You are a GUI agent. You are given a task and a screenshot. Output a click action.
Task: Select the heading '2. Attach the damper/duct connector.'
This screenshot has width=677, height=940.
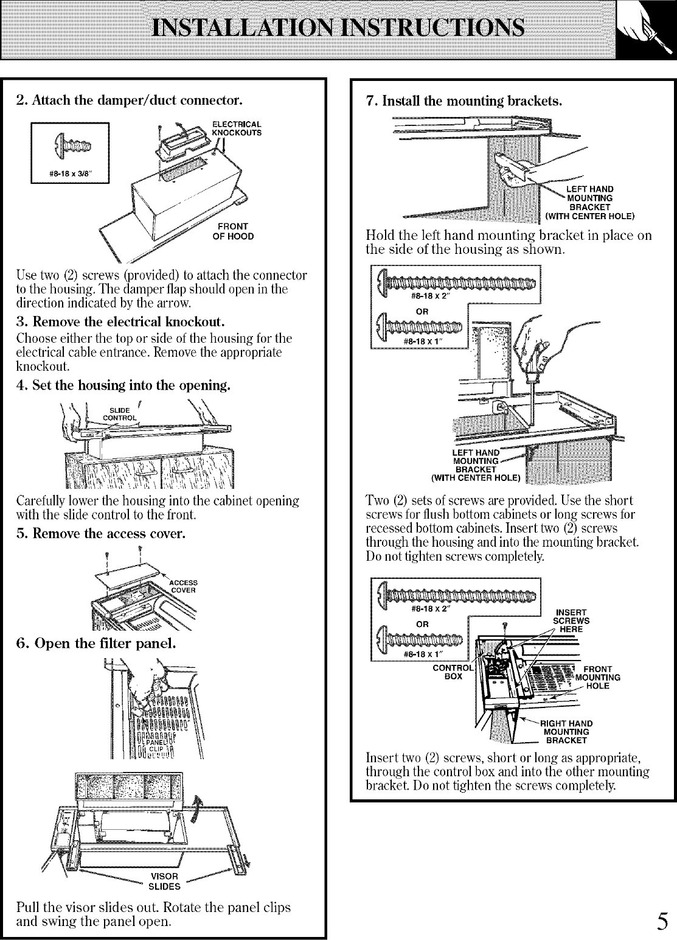(129, 99)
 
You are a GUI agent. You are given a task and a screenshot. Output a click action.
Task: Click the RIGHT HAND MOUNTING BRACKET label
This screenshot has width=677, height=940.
(566, 732)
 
